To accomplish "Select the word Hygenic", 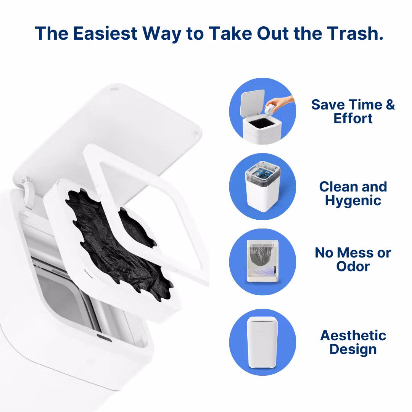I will (x=353, y=200).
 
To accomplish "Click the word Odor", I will (x=353, y=266).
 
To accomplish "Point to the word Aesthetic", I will (x=353, y=336).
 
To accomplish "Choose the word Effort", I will (x=353, y=118).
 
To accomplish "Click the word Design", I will (x=353, y=349).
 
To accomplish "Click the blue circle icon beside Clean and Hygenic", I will (x=262, y=187).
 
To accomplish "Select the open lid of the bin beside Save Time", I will (x=252, y=101).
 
